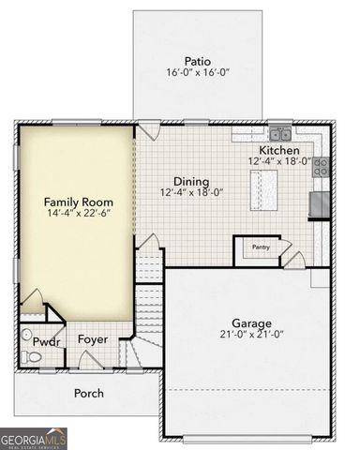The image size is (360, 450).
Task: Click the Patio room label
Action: tap(197, 59)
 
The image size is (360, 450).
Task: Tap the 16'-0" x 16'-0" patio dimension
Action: tap(197, 72)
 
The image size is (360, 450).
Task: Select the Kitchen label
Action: tap(279, 150)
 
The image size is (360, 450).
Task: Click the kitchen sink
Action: tap(279, 132)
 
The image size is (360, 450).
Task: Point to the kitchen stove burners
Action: tap(321, 168)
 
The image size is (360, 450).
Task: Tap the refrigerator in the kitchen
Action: tap(319, 203)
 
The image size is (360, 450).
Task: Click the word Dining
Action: tap(191, 181)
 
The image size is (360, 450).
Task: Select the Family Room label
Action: tap(79, 202)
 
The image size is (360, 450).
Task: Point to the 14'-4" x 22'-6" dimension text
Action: tap(79, 216)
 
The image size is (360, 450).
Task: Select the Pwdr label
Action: tap(46, 341)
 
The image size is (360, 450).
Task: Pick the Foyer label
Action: tap(92, 339)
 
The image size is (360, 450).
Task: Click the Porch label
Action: tap(89, 393)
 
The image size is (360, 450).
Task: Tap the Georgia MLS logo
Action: tap(34, 437)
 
